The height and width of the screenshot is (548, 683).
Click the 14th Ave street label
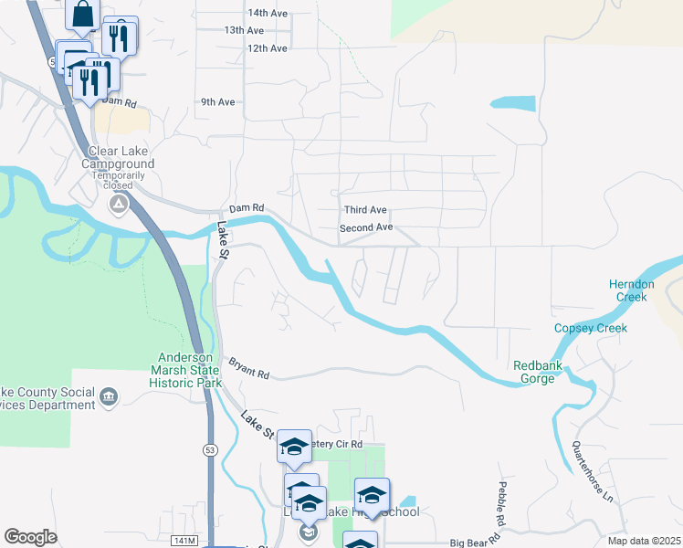(268, 13)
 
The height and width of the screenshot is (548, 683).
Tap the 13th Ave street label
(244, 30)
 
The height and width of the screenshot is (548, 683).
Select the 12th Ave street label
(268, 47)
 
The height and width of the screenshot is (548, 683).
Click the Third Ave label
(365, 210)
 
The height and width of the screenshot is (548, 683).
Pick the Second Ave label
(366, 227)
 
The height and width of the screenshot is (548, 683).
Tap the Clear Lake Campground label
(119, 158)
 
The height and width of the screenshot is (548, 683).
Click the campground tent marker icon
(119, 204)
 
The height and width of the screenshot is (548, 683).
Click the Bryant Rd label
(249, 369)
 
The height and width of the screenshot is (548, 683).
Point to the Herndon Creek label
(632, 290)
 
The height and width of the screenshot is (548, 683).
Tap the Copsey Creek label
(592, 328)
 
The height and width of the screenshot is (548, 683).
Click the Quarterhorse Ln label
(592, 471)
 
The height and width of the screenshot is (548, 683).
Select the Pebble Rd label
(503, 503)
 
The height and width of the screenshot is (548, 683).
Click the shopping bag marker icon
(82, 15)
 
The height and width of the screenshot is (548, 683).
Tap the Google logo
(30, 537)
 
